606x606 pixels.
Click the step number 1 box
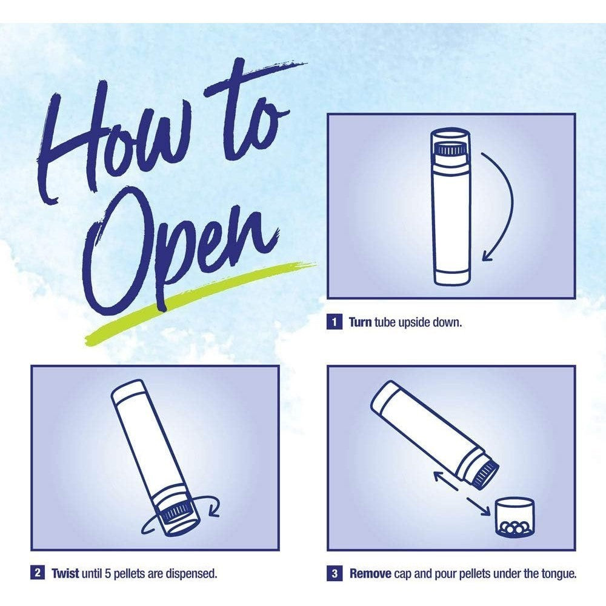(x=335, y=322)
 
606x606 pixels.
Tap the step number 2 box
(x=38, y=573)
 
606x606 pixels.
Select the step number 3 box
(x=335, y=573)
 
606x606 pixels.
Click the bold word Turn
(x=360, y=322)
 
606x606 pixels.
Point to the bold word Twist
(x=65, y=573)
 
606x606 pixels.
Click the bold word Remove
(x=370, y=573)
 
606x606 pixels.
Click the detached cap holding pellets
(x=514, y=517)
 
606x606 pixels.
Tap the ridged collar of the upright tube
(x=450, y=149)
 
